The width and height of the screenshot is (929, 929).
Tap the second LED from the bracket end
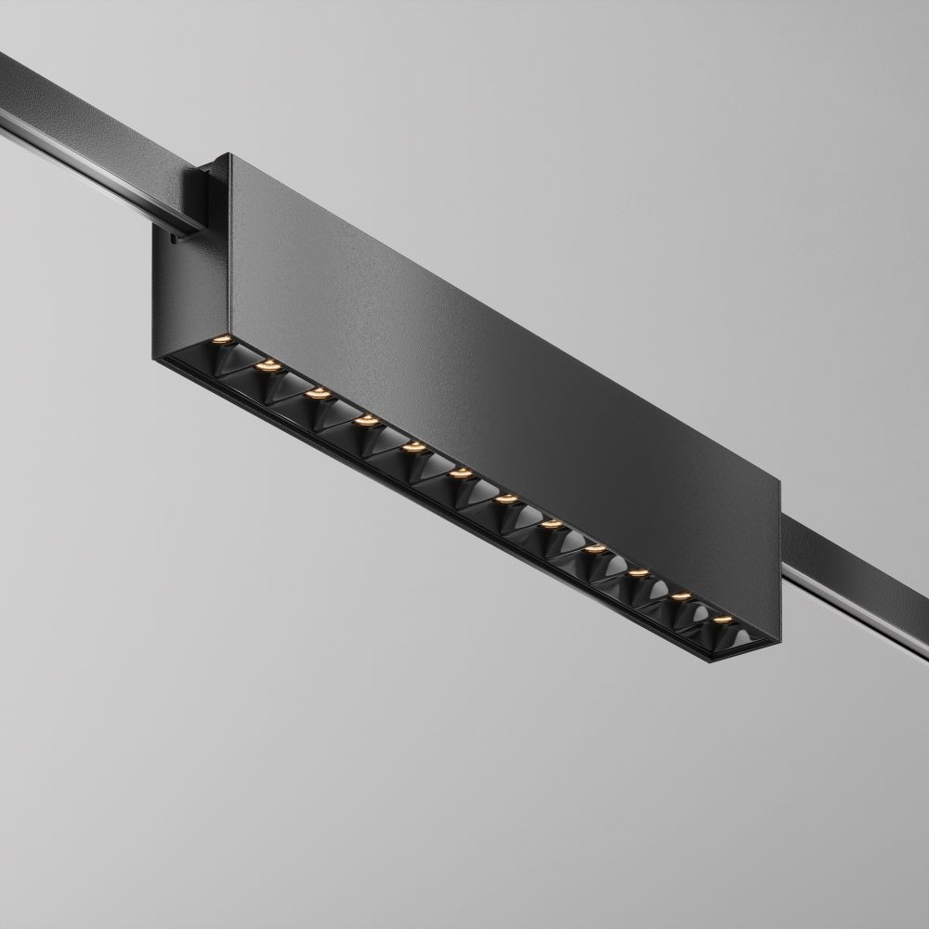(268, 365)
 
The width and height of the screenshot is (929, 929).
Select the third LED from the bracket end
(318, 393)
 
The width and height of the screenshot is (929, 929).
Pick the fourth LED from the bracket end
(365, 420)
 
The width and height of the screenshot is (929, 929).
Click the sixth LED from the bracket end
(459, 474)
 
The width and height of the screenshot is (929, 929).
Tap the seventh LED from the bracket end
(505, 500)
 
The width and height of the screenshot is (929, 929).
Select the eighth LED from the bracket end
(551, 525)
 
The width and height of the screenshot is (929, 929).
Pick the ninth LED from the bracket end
(595, 549)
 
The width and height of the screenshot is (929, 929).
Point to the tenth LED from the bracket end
(637, 572)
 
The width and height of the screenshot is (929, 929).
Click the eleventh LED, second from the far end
(680, 595)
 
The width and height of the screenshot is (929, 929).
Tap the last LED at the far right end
(721, 617)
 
